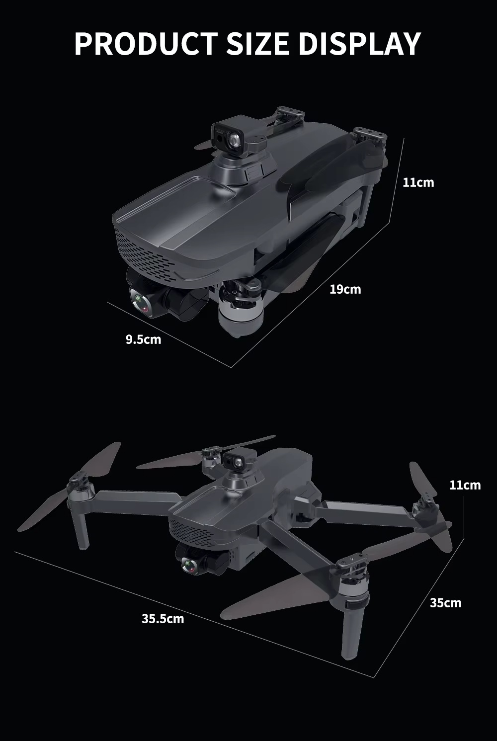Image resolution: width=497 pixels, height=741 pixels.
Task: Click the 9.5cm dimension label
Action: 143,339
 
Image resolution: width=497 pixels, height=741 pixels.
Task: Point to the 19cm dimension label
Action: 345,289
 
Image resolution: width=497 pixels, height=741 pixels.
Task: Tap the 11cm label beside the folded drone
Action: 418,182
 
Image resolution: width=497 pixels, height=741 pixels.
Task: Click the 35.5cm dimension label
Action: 163,619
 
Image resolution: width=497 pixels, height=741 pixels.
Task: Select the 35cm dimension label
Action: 446,603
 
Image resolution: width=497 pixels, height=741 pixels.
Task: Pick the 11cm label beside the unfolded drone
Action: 465,485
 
